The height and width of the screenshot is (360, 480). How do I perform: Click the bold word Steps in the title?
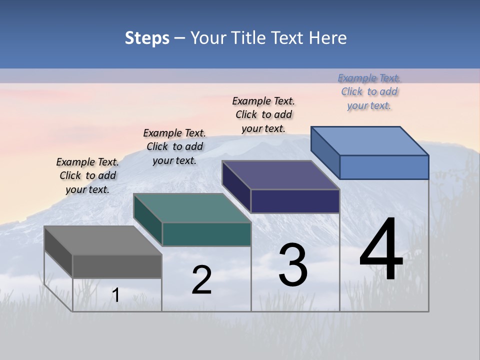click(147, 38)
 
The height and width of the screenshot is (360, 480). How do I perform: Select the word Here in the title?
click(327, 38)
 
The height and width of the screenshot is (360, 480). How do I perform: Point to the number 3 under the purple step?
click(293, 265)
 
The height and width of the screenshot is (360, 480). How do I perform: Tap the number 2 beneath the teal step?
click(201, 280)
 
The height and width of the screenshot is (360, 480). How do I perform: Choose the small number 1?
click(116, 295)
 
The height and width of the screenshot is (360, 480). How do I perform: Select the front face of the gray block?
click(117, 266)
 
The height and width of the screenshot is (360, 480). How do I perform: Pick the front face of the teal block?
click(206, 234)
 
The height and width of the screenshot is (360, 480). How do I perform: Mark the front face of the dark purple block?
click(295, 201)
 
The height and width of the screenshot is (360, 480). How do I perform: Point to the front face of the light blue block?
click(384, 167)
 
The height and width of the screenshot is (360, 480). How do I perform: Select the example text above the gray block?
click(87, 175)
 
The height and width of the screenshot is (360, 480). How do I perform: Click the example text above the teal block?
click(174, 146)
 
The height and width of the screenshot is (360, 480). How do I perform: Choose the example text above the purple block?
click(263, 114)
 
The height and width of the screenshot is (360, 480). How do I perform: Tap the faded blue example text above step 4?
click(369, 91)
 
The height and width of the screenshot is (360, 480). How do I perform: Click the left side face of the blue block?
click(325, 152)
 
